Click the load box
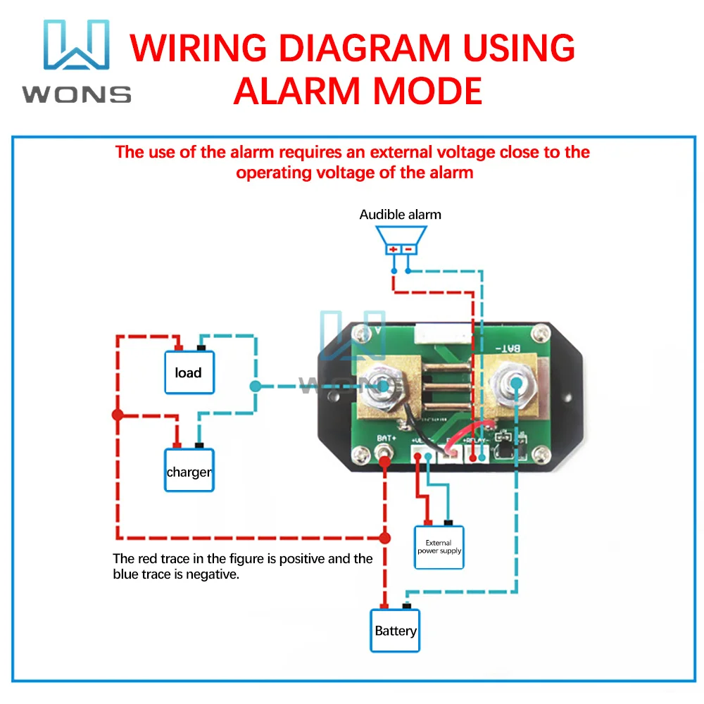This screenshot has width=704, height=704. [x=189, y=372]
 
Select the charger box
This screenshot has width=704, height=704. [x=189, y=471]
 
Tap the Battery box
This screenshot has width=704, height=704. [x=395, y=631]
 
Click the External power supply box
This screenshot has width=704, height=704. [x=439, y=547]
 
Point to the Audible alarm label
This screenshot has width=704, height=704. [x=400, y=215]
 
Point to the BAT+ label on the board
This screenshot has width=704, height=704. [x=386, y=439]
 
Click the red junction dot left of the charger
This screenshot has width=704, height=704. [x=118, y=415]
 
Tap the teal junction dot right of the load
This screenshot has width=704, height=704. [x=255, y=386]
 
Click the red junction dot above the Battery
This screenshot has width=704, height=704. [x=384, y=538]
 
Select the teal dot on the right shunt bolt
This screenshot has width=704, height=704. [x=517, y=382]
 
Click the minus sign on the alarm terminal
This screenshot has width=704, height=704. [x=408, y=249]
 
